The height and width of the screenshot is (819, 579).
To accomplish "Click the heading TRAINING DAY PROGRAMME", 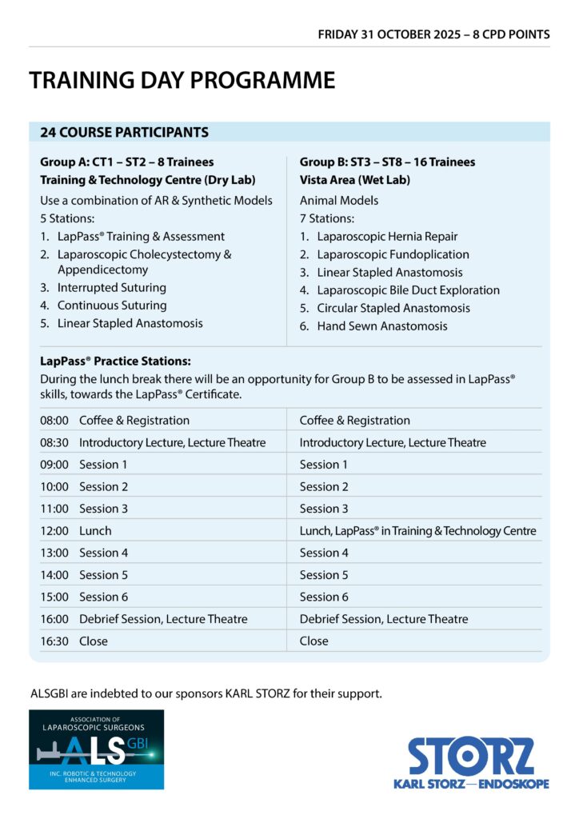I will point(182,81).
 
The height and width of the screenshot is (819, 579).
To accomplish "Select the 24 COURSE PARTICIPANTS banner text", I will point(124,133).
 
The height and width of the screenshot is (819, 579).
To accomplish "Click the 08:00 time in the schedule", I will point(54,421).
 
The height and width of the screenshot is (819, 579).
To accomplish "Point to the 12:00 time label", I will point(54,531).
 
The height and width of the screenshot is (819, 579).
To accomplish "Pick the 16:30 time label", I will point(54,641).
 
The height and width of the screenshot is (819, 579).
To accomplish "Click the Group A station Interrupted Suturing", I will point(111,288).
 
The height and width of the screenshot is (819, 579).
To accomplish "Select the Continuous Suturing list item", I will point(111,306).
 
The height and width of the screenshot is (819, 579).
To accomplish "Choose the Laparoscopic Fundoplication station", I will point(393,254).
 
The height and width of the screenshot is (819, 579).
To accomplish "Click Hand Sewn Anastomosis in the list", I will point(381,326).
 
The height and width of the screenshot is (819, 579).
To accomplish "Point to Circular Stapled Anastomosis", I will point(393,308).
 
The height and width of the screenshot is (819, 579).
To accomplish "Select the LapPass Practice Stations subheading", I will point(115,362).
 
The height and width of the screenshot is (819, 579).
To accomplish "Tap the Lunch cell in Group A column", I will point(95,531).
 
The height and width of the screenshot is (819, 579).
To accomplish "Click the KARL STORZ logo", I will point(471,763).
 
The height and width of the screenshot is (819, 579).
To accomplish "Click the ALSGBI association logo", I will point(96,749).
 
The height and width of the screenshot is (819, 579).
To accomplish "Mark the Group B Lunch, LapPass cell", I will point(417,531).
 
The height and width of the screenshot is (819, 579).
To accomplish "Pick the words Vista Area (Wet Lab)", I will point(354,180).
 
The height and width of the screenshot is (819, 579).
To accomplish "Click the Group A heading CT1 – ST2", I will point(126,162).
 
